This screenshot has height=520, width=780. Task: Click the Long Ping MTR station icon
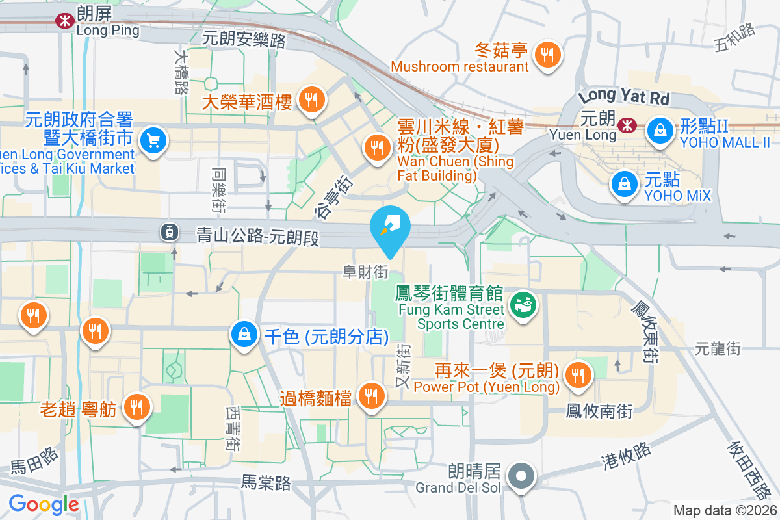point(64,21)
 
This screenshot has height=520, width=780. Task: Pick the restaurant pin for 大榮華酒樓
point(312,99)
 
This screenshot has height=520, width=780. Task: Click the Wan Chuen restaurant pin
point(376,147)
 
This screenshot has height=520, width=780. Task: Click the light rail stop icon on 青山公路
point(169,231)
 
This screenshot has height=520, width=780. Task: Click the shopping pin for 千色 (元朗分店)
point(244,335)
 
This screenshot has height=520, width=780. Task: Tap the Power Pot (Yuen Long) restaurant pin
point(576,374)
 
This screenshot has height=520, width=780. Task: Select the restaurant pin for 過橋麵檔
point(371,395)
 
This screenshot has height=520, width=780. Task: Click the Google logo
point(44,504)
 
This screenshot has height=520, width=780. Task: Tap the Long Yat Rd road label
point(623,97)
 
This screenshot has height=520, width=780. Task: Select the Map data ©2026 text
point(724,511)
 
